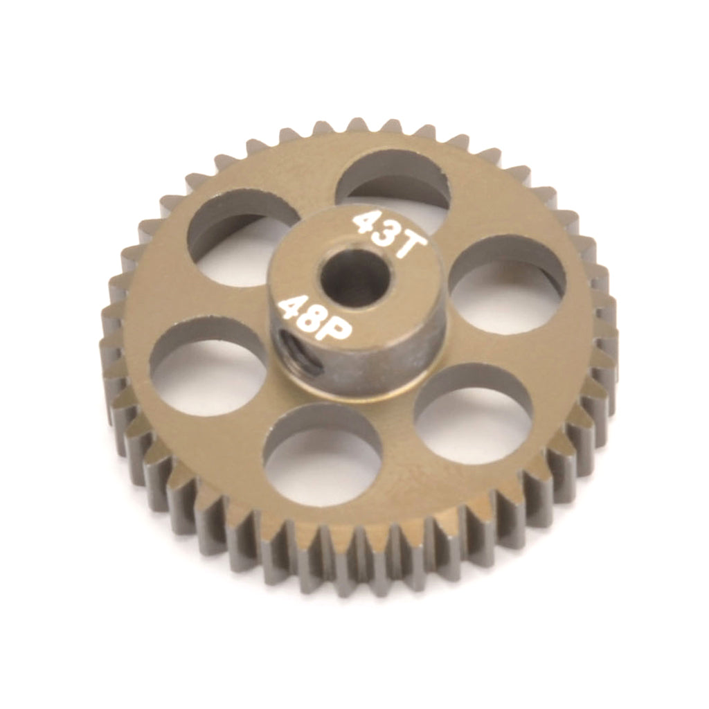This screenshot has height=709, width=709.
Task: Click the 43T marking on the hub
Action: [390, 234]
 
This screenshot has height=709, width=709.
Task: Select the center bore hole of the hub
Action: [355, 278]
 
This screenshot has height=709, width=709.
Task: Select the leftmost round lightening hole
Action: [208, 367]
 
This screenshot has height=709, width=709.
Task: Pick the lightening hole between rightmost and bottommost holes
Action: [473, 414]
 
